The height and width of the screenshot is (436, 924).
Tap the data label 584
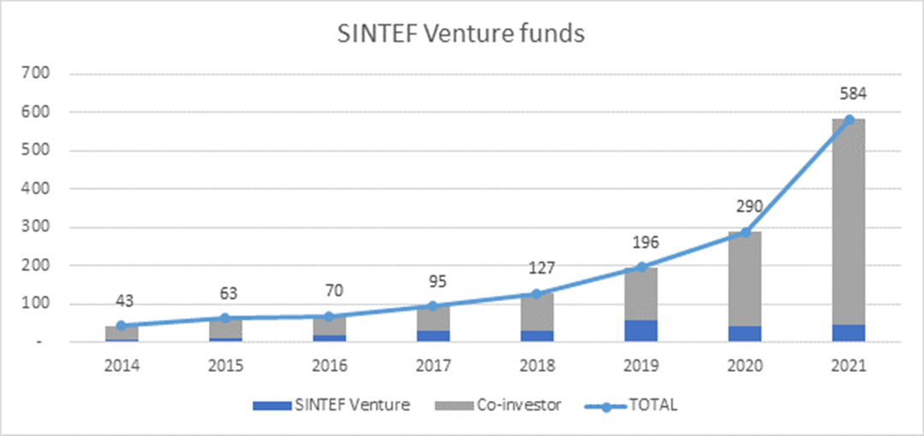point(849,94)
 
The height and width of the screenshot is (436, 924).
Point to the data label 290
point(745,207)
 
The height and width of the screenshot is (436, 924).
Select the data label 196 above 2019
point(641,242)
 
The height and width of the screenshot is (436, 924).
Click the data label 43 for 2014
point(123,301)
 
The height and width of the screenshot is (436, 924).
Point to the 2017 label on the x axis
point(434,365)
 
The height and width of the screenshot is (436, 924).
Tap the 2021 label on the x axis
point(849,365)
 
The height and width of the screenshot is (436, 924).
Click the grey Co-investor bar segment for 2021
point(849,222)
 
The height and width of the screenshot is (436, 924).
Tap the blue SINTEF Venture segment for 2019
point(641,331)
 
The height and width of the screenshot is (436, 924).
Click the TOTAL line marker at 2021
point(849,120)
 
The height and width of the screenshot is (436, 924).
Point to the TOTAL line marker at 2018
point(537,294)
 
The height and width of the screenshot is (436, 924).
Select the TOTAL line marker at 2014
point(121,326)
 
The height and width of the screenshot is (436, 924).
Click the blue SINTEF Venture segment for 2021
point(849,333)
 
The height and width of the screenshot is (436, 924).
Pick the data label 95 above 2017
point(434,280)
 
